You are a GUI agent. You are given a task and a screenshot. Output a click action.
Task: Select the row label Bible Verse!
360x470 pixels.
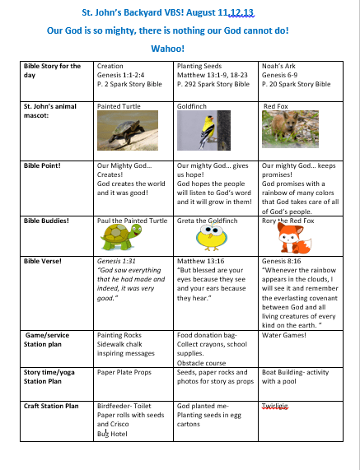[41, 260]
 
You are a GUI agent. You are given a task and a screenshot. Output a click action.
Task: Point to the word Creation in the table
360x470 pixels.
[110, 66]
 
